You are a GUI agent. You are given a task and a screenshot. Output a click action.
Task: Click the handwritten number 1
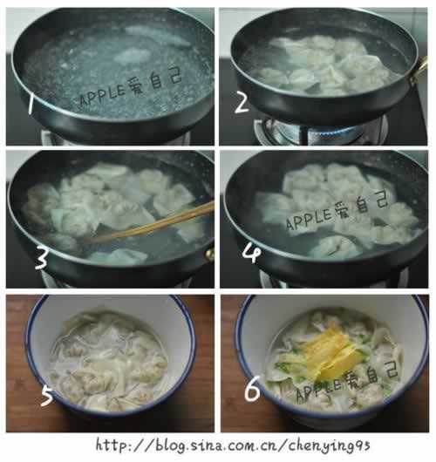pyautogui.click(x=31, y=105)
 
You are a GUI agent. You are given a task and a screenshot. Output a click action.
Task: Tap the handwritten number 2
pyautogui.click(x=242, y=104)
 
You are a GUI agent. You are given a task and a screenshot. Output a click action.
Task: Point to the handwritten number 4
pyautogui.click(x=251, y=255)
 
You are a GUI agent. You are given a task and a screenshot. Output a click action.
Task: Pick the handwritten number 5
pyautogui.click(x=47, y=397)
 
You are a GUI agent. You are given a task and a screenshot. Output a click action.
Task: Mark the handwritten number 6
pyautogui.click(x=252, y=389)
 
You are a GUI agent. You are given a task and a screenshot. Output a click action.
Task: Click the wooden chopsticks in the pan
pyautogui.click(x=150, y=223)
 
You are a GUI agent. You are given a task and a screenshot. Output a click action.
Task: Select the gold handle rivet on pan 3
pyautogui.click(x=209, y=254)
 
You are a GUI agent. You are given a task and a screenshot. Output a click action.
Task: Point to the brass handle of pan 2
pyautogui.click(x=419, y=70)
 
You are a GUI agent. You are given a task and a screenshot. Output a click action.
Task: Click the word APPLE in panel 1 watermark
pyautogui.click(x=103, y=95)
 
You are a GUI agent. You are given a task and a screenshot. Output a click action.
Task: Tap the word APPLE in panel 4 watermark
pyautogui.click(x=310, y=220)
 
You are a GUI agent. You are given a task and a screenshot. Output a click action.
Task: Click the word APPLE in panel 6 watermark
pyautogui.click(x=318, y=388)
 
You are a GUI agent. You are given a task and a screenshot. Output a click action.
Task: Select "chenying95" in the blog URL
pyautogui.click(x=329, y=446)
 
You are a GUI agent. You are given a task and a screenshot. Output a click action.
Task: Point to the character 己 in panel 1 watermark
pyautogui.click(x=174, y=78)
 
